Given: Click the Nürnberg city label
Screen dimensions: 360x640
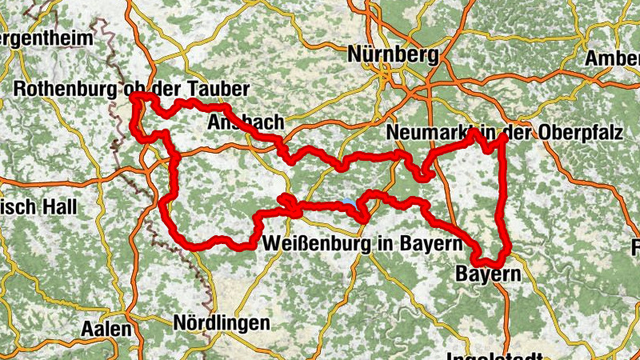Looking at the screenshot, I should [x=394, y=55].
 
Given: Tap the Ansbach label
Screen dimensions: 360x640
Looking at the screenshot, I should [x=245, y=122].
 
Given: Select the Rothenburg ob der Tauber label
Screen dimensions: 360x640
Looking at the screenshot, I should [x=132, y=89].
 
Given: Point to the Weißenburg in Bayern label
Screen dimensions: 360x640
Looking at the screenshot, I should [x=363, y=242].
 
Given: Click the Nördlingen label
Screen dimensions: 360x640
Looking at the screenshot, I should [x=222, y=323].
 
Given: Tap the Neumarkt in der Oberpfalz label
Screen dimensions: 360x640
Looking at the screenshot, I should [x=503, y=133].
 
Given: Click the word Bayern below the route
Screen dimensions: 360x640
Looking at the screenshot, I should [x=488, y=274].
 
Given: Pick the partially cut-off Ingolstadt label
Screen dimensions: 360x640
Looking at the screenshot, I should [x=497, y=354].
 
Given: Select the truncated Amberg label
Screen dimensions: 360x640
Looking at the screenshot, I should [x=613, y=59].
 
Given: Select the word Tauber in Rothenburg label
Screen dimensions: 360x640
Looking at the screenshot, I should [x=218, y=89].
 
